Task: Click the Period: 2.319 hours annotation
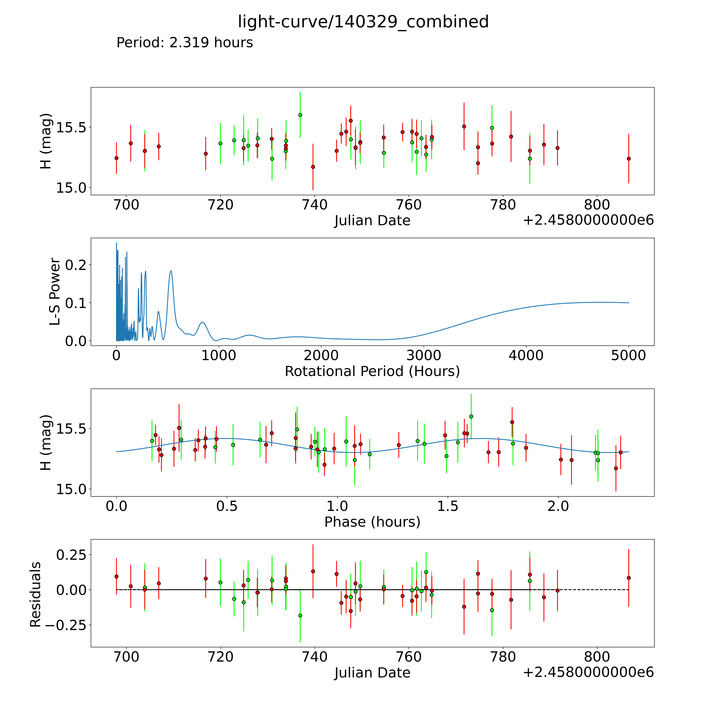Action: click(x=185, y=43)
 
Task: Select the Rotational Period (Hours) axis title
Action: click(x=372, y=371)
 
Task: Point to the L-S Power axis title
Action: click(x=55, y=292)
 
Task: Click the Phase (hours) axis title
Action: click(x=372, y=522)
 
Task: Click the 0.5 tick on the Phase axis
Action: click(x=227, y=506)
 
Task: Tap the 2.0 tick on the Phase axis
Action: click(x=558, y=506)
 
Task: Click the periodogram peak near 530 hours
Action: click(x=171, y=271)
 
